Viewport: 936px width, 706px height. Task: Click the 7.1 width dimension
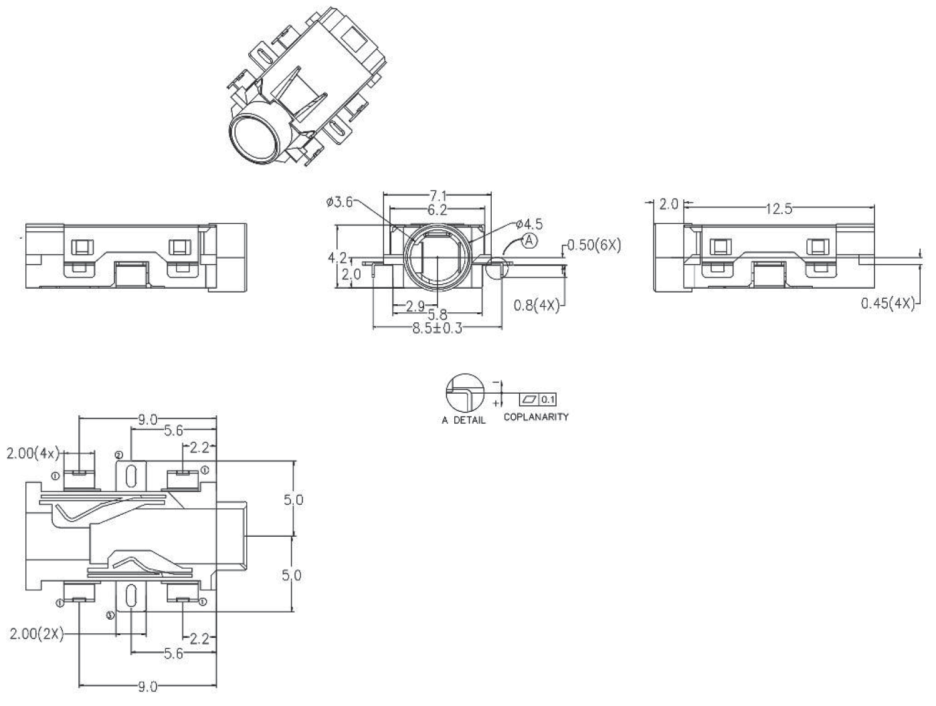(438, 195)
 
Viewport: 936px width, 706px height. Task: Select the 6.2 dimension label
(438, 209)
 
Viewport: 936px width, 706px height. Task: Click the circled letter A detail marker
(529, 241)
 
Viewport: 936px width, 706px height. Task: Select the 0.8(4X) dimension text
(536, 306)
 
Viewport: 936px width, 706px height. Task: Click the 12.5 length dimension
(778, 209)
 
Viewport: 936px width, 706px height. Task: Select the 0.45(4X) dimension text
(887, 304)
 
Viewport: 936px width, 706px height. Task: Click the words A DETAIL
(464, 421)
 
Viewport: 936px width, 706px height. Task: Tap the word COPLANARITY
(536, 417)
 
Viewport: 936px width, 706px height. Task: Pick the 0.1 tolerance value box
(547, 400)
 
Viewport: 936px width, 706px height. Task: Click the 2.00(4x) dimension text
(33, 453)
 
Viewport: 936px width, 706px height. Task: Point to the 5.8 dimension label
(438, 315)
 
